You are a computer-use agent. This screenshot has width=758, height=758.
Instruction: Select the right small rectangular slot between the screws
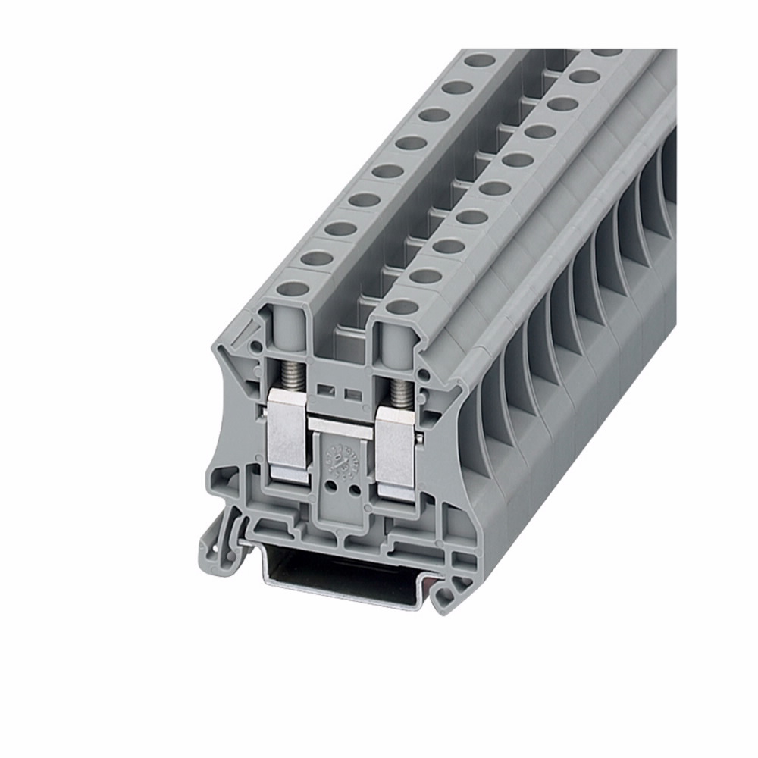(351, 394)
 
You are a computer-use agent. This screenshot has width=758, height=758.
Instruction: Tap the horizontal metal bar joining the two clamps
(341, 424)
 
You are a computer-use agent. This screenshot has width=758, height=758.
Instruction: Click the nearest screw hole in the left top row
(295, 289)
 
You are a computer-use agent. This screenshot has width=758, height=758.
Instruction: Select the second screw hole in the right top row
(427, 275)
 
